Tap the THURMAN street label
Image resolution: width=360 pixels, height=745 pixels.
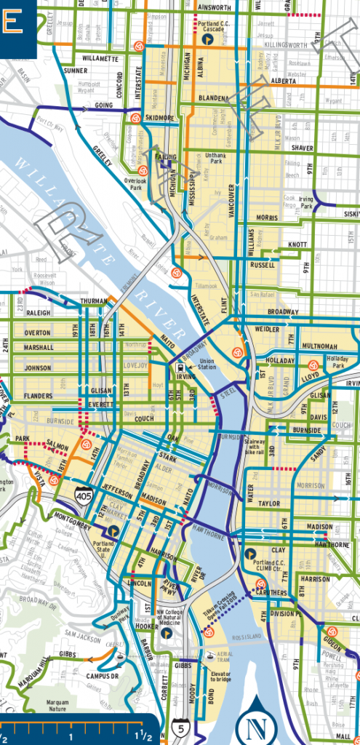93,300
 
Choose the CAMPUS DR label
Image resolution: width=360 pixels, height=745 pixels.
102,676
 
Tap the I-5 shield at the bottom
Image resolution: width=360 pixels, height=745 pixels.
180,726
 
